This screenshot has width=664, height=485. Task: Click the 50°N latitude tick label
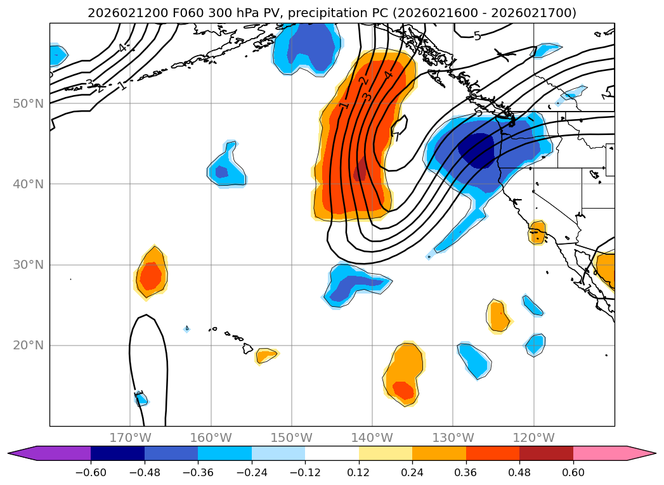tap(28, 103)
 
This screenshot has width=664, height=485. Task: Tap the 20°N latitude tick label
tap(28, 346)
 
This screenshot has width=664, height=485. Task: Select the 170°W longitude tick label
tap(130, 437)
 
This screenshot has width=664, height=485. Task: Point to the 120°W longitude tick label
tap(533, 437)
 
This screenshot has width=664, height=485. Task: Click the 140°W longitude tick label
tap(372, 437)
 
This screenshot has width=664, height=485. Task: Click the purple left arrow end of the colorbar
tap(22, 453)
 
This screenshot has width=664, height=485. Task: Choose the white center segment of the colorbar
tap(332, 453)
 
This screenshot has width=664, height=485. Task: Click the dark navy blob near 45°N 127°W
tap(476, 150)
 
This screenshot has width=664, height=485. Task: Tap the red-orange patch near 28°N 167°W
tap(151, 275)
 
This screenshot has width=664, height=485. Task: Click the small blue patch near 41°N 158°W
tap(221, 171)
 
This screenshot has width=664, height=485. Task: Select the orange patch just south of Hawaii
tap(266, 355)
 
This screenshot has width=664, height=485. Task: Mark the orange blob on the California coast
tap(537, 233)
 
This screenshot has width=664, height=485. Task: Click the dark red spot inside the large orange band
tap(360, 171)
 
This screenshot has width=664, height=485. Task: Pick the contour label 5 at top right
tap(477, 36)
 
